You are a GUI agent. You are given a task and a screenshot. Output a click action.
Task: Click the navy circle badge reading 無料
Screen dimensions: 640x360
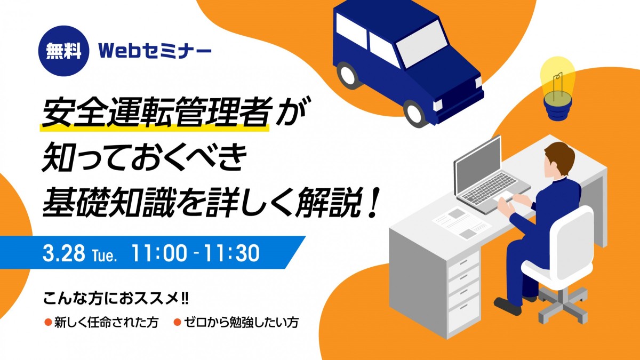pos(63,51)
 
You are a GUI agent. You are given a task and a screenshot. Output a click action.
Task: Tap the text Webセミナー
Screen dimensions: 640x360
pos(155,51)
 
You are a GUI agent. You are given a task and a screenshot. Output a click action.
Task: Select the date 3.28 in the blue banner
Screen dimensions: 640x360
pos(63,253)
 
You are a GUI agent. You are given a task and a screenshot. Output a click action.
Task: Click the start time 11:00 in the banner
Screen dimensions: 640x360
pos(159,253)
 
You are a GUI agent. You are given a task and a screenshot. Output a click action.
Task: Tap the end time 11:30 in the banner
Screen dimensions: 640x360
pos(231,253)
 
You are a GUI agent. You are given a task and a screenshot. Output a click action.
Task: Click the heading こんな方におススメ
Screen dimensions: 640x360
pos(115,299)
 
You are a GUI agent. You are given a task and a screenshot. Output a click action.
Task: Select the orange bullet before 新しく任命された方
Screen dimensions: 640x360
pos(47,322)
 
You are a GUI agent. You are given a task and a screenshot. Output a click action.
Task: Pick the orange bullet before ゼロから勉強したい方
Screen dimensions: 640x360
pos(178,322)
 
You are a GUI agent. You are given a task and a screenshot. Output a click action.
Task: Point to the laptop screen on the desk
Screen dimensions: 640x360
pos(478,165)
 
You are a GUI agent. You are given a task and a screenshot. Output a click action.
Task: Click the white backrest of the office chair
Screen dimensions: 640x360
pos(571,239)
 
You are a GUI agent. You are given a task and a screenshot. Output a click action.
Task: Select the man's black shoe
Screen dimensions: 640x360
pos(507,306)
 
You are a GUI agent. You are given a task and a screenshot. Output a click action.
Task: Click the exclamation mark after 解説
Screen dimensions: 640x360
pos(374,202)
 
